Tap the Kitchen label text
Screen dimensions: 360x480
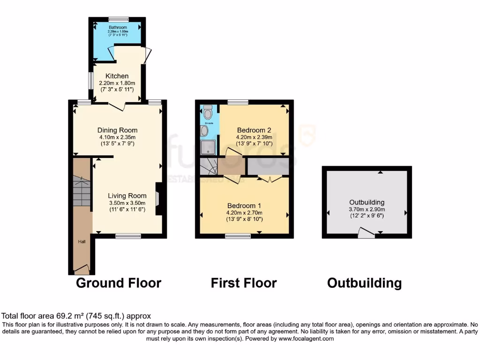pyautogui.click(x=117, y=76)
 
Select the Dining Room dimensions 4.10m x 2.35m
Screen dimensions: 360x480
pyautogui.click(x=117, y=137)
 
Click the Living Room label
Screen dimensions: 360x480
pyautogui.click(x=127, y=196)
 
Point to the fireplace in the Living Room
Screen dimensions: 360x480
pyautogui.click(x=159, y=199)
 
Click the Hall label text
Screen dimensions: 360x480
pyautogui.click(x=82, y=242)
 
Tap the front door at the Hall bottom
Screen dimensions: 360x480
pyautogui.click(x=82, y=270)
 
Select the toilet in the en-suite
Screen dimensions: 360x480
pyautogui.click(x=208, y=113)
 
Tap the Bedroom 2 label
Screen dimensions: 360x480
pyautogui.click(x=254, y=130)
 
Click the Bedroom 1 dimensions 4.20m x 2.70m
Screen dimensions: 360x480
pyautogui.click(x=244, y=212)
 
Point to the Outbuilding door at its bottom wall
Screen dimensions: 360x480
pyautogui.click(x=367, y=233)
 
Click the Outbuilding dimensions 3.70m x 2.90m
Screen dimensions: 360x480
pyautogui.click(x=367, y=210)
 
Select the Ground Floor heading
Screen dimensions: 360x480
pyautogui.click(x=119, y=283)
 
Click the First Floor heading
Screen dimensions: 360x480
pyautogui.click(x=243, y=283)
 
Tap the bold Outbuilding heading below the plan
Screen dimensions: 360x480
pyautogui.click(x=364, y=283)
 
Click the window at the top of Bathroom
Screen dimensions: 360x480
pyautogui.click(x=118, y=19)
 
